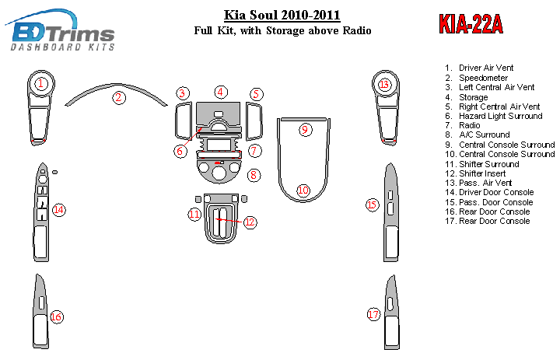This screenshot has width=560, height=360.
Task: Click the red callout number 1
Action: (41, 84)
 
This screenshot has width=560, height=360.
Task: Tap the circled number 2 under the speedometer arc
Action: (118, 97)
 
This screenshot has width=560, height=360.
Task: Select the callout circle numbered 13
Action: (384, 85)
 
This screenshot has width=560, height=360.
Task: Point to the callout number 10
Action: (303, 190)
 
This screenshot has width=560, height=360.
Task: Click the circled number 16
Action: (57, 316)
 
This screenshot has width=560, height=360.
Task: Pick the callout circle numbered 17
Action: (373, 314)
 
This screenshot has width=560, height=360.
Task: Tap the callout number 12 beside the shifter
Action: (250, 222)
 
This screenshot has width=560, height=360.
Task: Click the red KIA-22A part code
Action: (471, 24)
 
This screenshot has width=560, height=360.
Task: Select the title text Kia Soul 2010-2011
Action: (282, 15)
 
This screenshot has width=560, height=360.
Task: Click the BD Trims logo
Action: (60, 31)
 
